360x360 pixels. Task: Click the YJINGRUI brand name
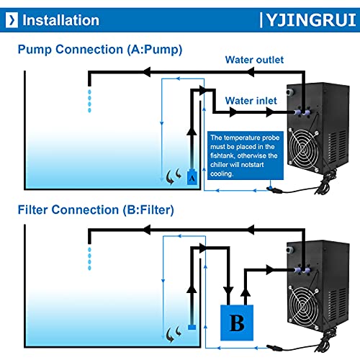311,20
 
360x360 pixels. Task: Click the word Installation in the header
60,20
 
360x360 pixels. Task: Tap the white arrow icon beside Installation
12,20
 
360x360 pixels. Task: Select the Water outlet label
254,60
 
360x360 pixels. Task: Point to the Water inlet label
251,101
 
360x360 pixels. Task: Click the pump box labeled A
192,177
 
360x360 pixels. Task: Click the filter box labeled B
237,323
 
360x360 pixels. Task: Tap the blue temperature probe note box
246,156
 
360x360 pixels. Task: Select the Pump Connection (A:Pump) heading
100,50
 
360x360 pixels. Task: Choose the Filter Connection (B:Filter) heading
96,210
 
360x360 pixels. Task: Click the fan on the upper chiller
304,149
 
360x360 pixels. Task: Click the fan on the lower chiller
304,306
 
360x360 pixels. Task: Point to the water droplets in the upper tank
89,101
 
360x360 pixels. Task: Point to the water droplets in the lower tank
89,258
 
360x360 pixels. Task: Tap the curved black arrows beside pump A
174,176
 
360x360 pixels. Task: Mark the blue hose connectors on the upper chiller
302,112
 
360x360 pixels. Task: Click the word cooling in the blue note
222,174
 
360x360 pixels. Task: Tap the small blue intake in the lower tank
192,327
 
